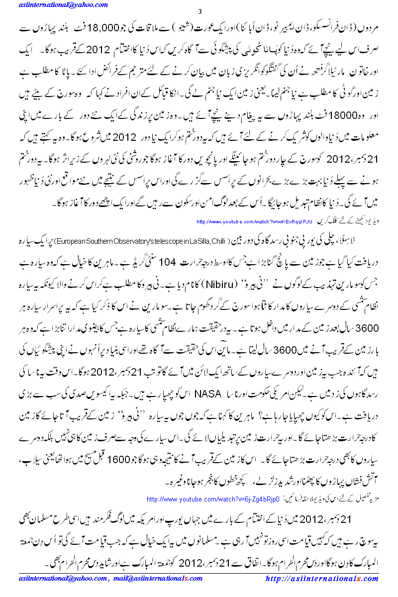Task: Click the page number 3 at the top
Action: (199, 11)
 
